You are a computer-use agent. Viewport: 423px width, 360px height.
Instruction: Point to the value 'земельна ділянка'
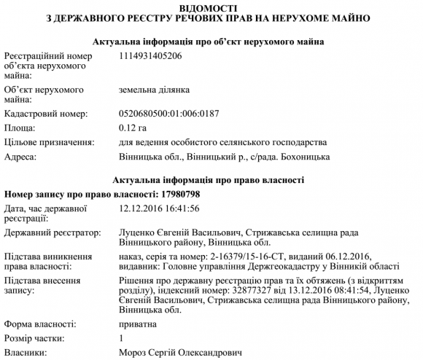(x=154, y=90)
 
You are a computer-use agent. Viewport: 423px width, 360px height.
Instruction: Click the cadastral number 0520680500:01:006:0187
(x=168, y=114)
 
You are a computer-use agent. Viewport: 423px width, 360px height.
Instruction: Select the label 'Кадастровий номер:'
(x=46, y=114)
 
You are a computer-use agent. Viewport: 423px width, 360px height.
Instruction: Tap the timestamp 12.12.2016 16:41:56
(x=159, y=208)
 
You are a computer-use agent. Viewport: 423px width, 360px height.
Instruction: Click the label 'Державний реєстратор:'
(x=51, y=232)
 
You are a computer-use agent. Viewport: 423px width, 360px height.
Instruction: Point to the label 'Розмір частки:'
(x=37, y=338)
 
